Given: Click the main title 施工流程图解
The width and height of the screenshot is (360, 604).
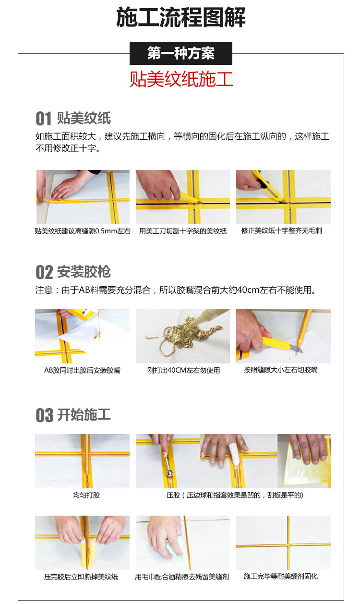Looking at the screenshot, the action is [x=180, y=18].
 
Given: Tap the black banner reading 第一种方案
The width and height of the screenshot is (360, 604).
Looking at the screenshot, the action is [x=180, y=53].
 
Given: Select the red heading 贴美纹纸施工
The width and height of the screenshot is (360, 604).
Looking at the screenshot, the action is [x=181, y=79].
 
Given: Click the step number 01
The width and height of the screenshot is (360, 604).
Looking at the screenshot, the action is [x=43, y=119].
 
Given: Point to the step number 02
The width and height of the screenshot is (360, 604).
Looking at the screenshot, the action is [x=44, y=272].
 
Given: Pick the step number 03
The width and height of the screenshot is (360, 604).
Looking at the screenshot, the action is [x=44, y=415].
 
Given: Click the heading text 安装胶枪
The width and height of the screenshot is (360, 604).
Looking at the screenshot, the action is [x=84, y=272].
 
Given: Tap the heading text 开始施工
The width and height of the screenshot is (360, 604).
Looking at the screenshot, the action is [x=84, y=415].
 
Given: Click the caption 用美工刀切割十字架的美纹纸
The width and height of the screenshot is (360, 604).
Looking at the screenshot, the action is [x=183, y=231].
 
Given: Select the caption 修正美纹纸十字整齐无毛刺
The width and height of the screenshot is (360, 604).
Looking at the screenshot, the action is [x=282, y=231].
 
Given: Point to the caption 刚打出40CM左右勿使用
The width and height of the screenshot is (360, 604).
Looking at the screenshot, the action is [x=183, y=370].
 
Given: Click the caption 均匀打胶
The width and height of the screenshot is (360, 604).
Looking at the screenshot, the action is [x=86, y=495].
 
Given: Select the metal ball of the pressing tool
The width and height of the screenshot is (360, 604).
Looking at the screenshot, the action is [x=170, y=473].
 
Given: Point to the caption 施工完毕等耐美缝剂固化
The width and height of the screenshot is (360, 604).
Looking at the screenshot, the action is [x=281, y=576].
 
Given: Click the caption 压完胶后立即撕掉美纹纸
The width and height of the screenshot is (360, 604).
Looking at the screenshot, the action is [x=81, y=577].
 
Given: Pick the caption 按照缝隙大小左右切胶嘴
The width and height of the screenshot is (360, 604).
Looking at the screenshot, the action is [x=281, y=370].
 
